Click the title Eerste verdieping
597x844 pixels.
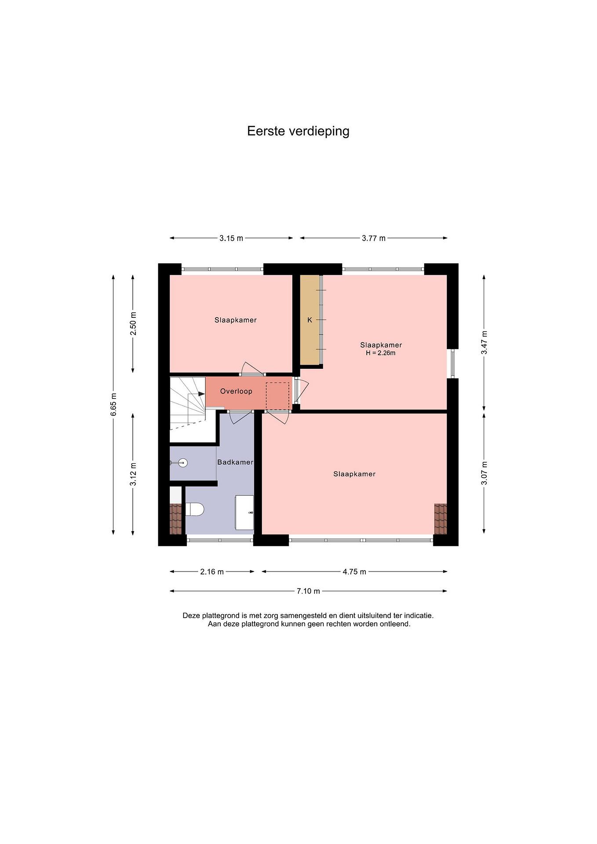298,131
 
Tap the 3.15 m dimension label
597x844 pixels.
231,238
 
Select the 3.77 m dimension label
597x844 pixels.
373,238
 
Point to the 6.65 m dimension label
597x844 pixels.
114,404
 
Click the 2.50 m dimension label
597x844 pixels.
133,324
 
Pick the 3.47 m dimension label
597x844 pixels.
484,343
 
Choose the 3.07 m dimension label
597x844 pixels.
484,473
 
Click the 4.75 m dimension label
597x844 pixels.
354,572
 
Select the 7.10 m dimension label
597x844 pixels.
308,591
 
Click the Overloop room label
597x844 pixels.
236,391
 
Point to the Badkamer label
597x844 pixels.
235,462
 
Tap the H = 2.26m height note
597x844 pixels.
380,353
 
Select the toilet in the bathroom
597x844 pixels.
195,510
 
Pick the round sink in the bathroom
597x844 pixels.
183,462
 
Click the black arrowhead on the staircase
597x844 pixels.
201,394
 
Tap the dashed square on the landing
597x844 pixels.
278,396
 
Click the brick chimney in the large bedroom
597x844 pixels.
440,519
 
